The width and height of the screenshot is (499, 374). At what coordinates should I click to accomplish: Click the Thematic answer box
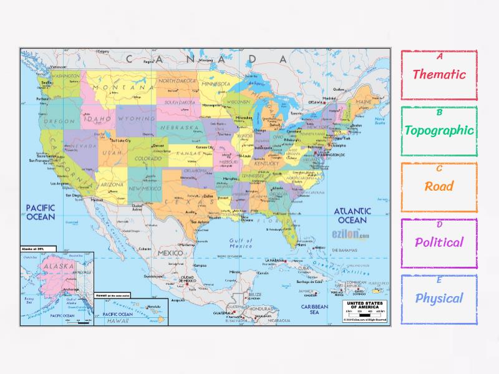(x=439, y=74)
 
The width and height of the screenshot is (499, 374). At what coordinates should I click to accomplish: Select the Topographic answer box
(x=439, y=131)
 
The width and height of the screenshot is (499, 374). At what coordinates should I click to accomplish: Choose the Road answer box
(x=439, y=186)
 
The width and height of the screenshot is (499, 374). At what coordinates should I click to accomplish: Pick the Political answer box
(x=439, y=242)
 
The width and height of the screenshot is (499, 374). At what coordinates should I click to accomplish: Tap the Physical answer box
(x=439, y=298)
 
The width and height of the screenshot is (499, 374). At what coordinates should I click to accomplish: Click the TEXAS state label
(x=187, y=203)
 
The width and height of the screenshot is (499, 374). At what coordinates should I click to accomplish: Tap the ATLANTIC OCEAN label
(x=352, y=216)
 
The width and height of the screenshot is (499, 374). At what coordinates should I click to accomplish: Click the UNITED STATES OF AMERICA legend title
(x=363, y=305)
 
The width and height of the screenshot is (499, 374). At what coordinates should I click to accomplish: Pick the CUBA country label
(x=304, y=269)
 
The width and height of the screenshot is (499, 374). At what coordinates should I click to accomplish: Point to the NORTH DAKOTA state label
(x=177, y=81)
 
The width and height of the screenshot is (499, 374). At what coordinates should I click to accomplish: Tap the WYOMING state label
(x=136, y=118)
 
